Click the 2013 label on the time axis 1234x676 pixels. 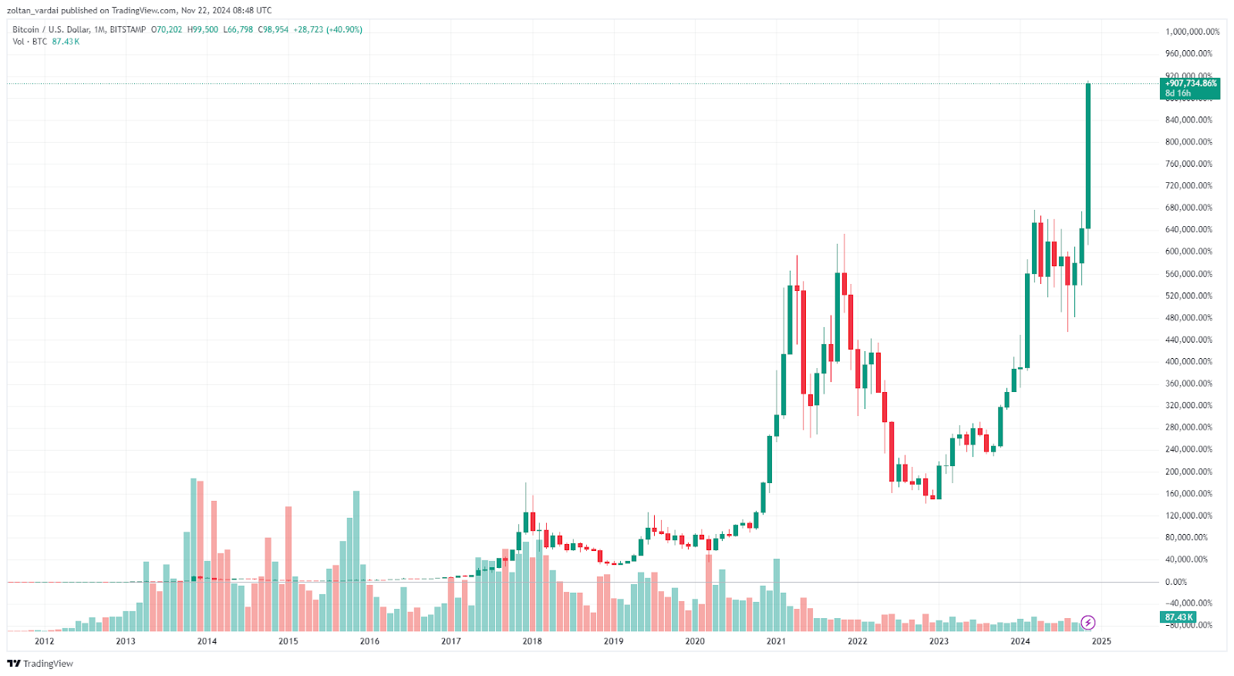click(x=125, y=641)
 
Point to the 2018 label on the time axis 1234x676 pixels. click(x=532, y=641)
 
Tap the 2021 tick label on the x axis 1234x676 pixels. click(x=776, y=641)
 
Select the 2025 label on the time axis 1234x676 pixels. click(x=1101, y=641)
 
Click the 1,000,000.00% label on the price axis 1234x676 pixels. click(x=1192, y=32)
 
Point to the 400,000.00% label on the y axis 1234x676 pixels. click(x=1188, y=362)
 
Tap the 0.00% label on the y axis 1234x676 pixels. click(x=1175, y=582)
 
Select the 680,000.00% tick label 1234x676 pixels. click(x=1188, y=208)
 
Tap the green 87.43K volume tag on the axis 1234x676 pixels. click(x=1178, y=617)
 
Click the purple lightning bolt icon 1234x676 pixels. click(x=1087, y=622)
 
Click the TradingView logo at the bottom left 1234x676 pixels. click(x=40, y=664)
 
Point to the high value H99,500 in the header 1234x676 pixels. click(x=203, y=29)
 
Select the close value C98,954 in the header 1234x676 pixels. click(x=273, y=29)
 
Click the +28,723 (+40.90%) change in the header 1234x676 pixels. click(x=328, y=29)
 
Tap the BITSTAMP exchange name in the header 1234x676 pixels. click(x=128, y=29)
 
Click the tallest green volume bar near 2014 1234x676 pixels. click(x=194, y=540)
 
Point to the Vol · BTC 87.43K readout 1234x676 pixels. click(x=46, y=42)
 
